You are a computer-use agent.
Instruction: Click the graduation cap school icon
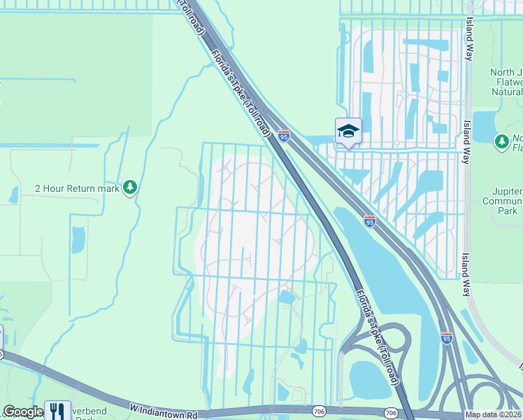pyautogui.click(x=348, y=131)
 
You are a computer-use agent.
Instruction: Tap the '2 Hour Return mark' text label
pyautogui.click(x=77, y=188)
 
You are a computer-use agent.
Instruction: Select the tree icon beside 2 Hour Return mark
pyautogui.click(x=130, y=188)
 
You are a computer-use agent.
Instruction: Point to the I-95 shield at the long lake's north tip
pyautogui.click(x=369, y=221)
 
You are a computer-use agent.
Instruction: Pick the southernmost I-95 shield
pyautogui.click(x=447, y=338)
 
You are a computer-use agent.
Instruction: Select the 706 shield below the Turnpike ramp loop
pyautogui.click(x=391, y=413)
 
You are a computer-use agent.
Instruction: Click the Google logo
pyautogui.click(x=22, y=412)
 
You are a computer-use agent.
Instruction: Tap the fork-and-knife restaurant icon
pyautogui.click(x=57, y=410)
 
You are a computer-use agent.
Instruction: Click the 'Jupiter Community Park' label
pyautogui.click(x=503, y=201)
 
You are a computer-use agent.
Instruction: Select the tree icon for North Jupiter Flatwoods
pyautogui.click(x=501, y=142)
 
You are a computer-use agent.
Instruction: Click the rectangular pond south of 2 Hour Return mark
pyautogui.click(x=78, y=239)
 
